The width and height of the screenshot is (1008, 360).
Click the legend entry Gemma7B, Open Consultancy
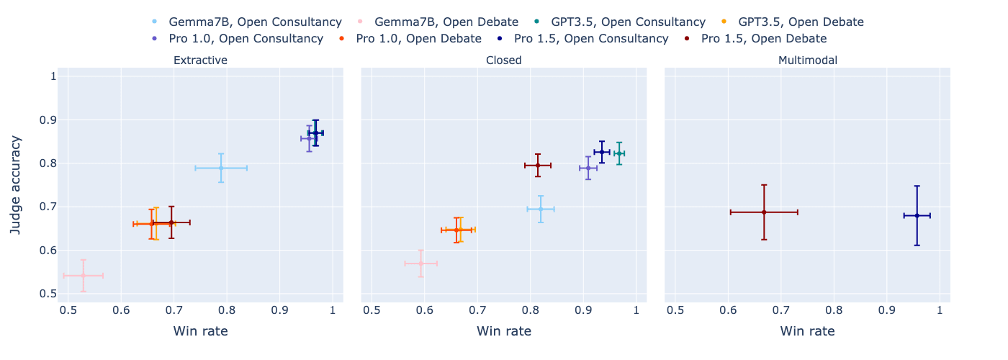[246, 22]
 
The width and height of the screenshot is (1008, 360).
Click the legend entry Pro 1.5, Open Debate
[764, 38]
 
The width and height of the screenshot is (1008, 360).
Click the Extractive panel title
[200, 60]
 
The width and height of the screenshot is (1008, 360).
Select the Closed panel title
[504, 60]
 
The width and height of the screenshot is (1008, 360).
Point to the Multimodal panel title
[808, 60]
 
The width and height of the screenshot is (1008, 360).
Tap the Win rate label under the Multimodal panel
[808, 331]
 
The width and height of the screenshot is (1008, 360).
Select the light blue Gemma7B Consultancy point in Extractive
[221, 168]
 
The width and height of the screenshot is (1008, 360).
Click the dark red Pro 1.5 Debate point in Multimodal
[764, 212]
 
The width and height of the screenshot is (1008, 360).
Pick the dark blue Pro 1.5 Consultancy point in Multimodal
[917, 215]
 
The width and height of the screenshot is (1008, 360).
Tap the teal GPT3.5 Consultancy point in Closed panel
[619, 153]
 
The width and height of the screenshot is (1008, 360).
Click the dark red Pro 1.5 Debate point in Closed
[538, 166]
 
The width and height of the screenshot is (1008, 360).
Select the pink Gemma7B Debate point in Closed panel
[421, 264]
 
